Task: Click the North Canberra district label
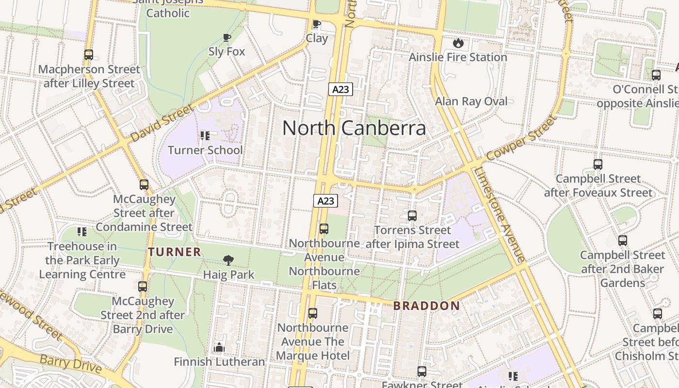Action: point(354,128)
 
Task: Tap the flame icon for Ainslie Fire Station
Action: point(458,43)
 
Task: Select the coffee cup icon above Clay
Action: point(317,24)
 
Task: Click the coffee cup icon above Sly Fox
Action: point(226,38)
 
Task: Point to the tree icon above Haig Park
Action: point(228,260)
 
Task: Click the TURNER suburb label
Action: point(175,252)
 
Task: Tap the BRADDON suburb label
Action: point(426,306)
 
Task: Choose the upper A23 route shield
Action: point(340,89)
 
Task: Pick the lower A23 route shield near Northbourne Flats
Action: point(325,200)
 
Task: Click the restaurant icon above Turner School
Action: point(205,136)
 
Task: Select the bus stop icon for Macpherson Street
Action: point(89,55)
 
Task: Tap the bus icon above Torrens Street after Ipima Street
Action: point(412,215)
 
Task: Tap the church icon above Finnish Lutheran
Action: point(219,347)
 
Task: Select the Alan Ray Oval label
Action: point(471,101)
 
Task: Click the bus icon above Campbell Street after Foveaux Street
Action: point(598,164)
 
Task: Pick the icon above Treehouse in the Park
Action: point(82,232)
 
